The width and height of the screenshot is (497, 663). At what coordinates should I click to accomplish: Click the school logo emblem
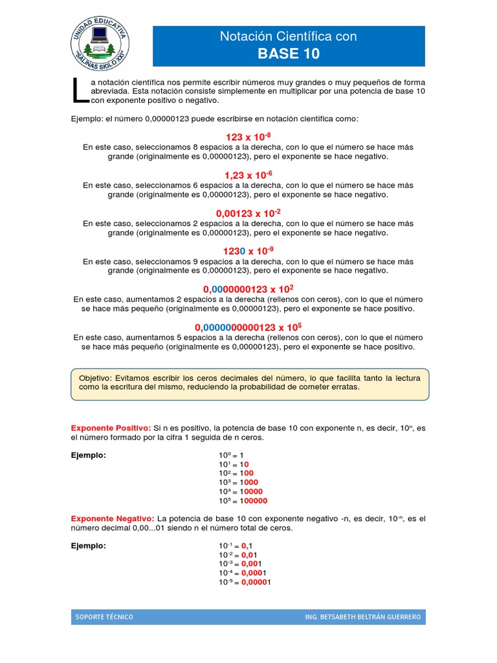click(100, 44)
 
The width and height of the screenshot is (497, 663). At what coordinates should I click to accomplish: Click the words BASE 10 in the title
click(289, 54)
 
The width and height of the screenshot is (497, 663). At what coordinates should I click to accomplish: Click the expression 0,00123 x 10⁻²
click(248, 213)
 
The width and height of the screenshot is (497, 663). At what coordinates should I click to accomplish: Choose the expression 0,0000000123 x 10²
click(248, 289)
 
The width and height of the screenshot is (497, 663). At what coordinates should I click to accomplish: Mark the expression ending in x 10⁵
click(248, 327)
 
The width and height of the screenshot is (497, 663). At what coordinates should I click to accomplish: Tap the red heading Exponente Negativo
click(112, 519)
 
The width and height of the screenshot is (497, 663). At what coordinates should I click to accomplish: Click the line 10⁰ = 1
click(232, 455)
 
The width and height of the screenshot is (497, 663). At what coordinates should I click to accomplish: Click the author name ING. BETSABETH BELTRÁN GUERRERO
click(362, 617)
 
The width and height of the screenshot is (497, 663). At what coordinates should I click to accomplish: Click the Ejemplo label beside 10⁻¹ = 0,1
click(88, 546)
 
